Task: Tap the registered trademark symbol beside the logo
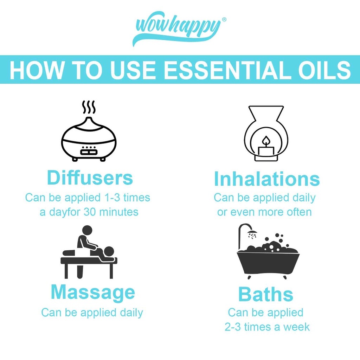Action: click(x=224, y=20)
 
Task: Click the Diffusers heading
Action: click(x=90, y=178)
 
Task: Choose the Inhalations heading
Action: click(x=266, y=179)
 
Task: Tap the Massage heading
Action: click(x=93, y=292)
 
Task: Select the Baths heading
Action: click(x=266, y=294)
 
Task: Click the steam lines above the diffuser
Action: click(x=89, y=107)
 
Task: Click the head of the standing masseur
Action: click(x=87, y=230)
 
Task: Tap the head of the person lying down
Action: click(x=109, y=251)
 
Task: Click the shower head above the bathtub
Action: click(x=252, y=232)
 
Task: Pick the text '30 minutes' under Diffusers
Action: click(x=111, y=212)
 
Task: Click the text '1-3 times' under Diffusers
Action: click(x=127, y=198)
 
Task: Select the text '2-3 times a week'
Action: click(x=267, y=327)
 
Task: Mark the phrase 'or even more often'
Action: click(x=264, y=212)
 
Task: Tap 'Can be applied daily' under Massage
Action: click(x=92, y=313)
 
